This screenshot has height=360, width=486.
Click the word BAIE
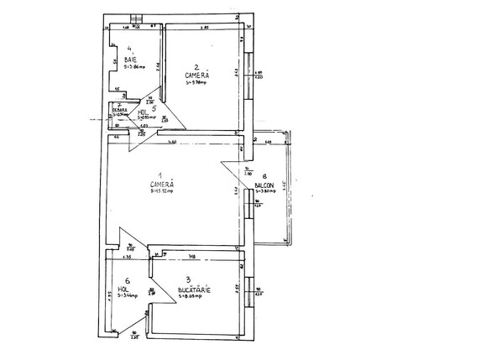click(x=130, y=60)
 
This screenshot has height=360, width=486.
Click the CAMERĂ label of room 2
click(x=196, y=75)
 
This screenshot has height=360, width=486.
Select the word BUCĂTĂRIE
click(x=194, y=290)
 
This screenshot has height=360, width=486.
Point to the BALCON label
click(x=265, y=184)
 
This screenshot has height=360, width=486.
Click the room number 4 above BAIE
click(x=129, y=49)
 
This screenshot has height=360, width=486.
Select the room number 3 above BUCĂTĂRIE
click(x=189, y=279)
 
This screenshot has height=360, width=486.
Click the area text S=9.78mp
click(x=196, y=82)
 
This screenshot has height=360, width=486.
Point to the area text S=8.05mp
click(x=194, y=296)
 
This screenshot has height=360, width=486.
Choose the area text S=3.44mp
click(x=128, y=296)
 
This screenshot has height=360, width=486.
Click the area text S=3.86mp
click(x=131, y=66)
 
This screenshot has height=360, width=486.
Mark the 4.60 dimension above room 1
click(x=170, y=142)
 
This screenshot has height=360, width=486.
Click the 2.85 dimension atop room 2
click(x=204, y=29)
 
